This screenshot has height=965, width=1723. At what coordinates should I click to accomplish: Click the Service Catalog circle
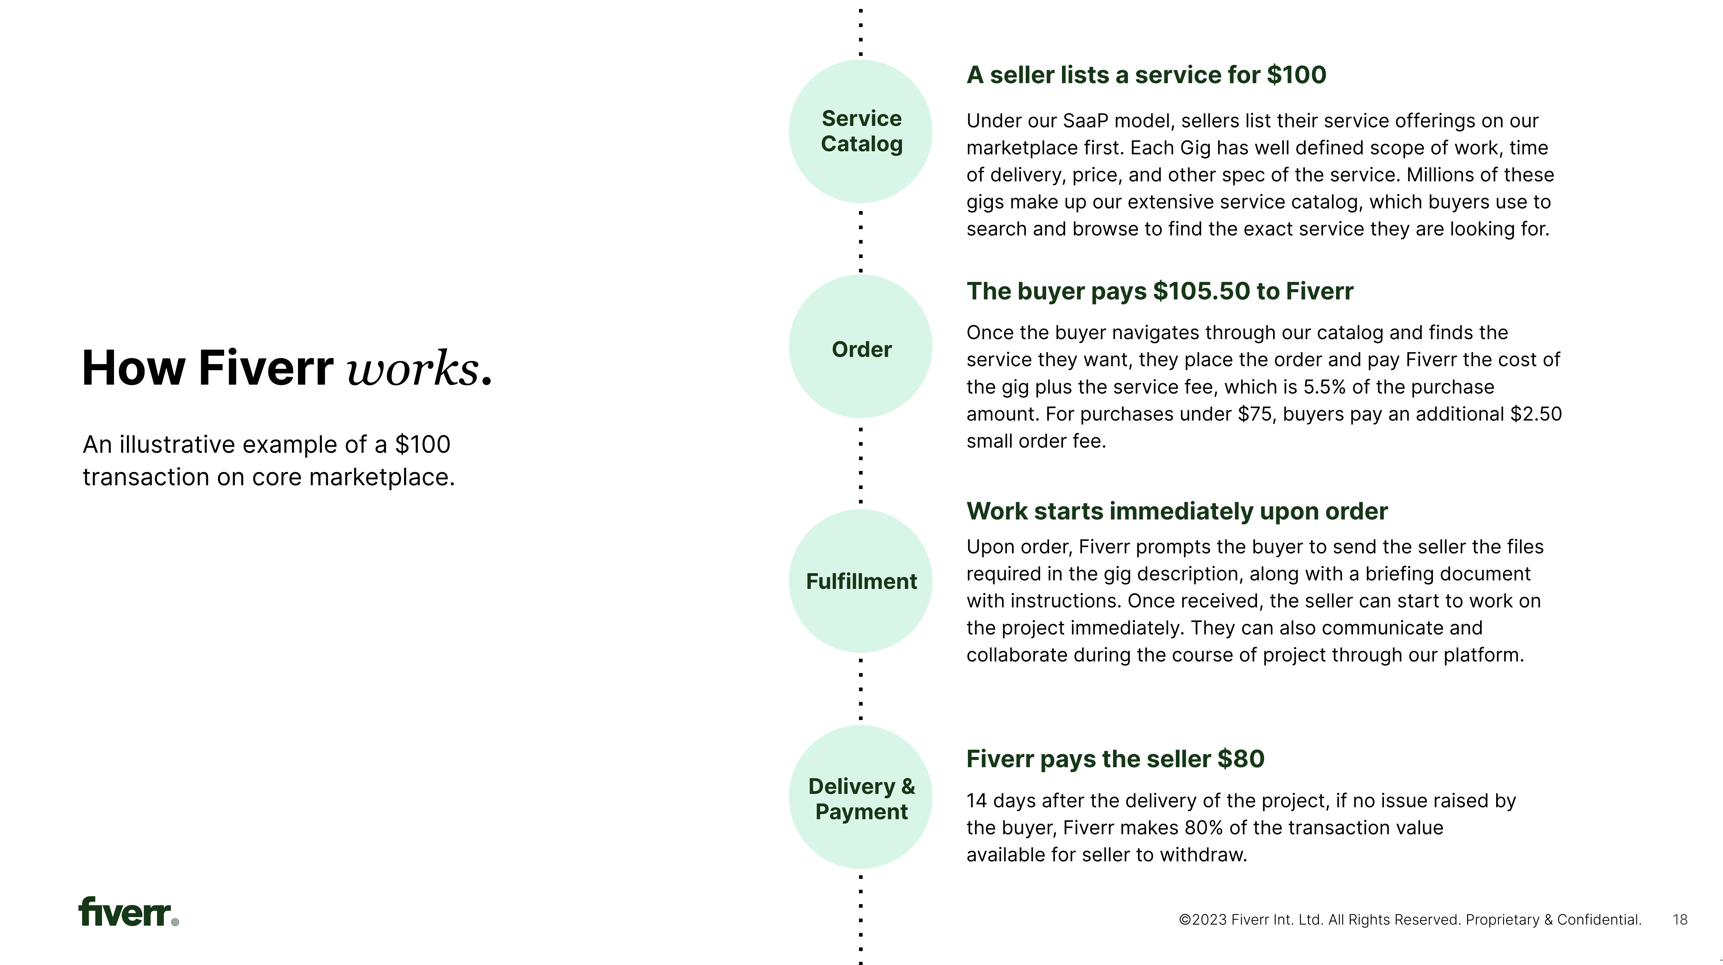861,131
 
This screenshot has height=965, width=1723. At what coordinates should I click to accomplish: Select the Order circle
861,347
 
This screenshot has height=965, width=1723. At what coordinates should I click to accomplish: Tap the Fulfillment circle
861,581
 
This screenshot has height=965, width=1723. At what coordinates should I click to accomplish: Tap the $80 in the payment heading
1241,759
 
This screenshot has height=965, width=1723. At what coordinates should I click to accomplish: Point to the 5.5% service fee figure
1324,387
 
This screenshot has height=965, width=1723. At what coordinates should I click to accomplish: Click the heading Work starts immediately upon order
1177,511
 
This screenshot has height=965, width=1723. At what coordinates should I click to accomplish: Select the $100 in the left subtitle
423,445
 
